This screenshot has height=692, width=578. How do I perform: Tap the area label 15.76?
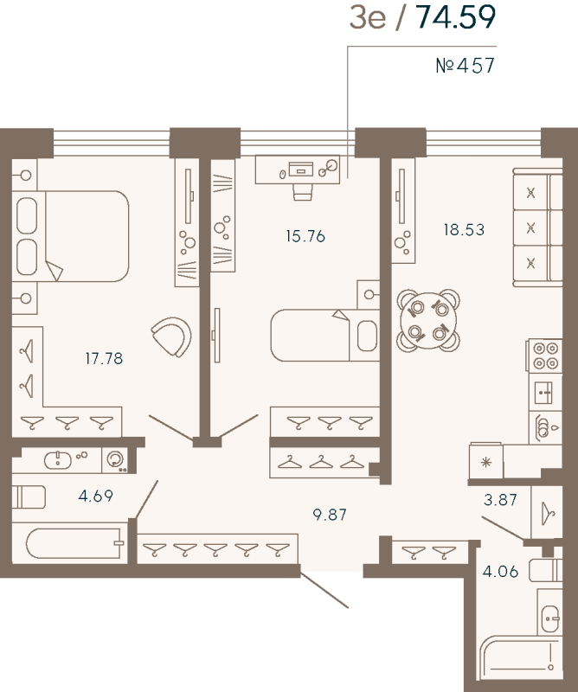(x=305, y=236)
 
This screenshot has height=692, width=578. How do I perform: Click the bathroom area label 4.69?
(x=95, y=497)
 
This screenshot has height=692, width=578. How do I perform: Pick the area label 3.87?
(x=500, y=499)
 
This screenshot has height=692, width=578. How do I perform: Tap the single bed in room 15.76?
(x=324, y=336)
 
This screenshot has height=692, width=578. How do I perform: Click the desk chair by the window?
(x=302, y=189)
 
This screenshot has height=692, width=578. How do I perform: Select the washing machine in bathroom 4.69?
(x=114, y=460)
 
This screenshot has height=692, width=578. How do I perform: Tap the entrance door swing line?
(x=326, y=590)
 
